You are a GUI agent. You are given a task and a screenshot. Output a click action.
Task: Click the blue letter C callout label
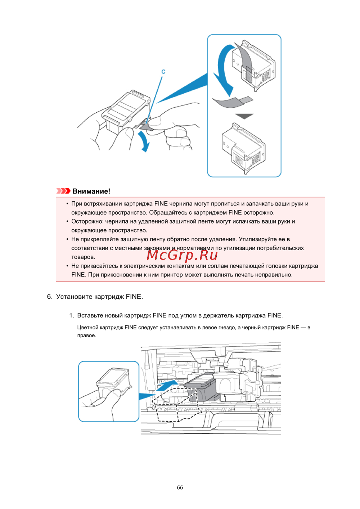(x=163, y=72)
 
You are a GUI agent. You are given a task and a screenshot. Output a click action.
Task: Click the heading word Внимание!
(x=91, y=191)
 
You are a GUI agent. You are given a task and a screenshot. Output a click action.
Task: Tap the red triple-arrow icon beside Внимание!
(x=63, y=191)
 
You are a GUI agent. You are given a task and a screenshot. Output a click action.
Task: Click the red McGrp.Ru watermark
(x=182, y=255)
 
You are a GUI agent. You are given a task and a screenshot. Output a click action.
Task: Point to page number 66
(x=180, y=487)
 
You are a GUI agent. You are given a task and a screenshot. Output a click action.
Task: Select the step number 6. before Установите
(x=50, y=297)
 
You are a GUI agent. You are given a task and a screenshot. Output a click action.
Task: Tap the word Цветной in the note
(x=88, y=327)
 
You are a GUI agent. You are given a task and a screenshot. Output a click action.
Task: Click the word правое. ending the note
(x=87, y=335)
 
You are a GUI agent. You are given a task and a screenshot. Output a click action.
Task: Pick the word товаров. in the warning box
(x=83, y=257)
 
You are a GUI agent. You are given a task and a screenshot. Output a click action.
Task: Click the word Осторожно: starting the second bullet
(x=87, y=221)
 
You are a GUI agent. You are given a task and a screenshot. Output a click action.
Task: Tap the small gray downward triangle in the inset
(x=244, y=116)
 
